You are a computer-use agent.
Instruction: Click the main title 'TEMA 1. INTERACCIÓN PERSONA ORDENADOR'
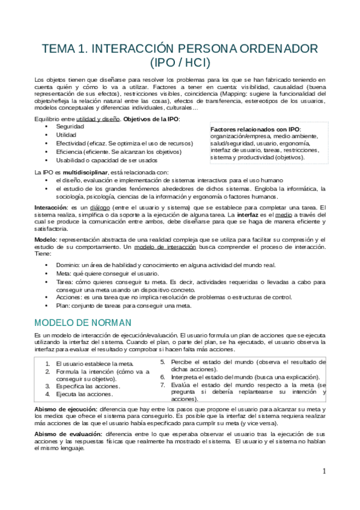(x=180, y=49)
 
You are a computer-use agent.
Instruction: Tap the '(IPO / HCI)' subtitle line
(x=180, y=62)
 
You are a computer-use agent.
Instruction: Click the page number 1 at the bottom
(x=323, y=471)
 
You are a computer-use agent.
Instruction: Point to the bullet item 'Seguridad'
(x=70, y=127)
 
